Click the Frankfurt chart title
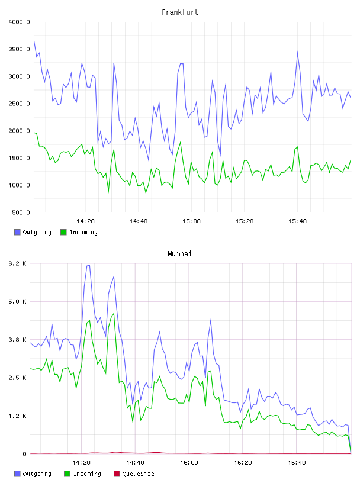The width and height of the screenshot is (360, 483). click(180, 12)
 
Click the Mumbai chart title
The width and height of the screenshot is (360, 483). click(179, 254)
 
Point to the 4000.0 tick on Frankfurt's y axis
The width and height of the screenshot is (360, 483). click(19, 22)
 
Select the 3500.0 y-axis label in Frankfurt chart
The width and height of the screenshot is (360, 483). click(19, 49)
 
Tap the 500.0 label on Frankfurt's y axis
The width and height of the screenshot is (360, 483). click(21, 212)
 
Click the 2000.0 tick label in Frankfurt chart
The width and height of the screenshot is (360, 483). click(19, 131)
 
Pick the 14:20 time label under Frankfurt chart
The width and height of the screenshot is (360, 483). click(85, 221)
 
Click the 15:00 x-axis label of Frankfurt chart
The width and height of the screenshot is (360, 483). click(191, 221)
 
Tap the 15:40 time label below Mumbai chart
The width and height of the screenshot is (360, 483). click(297, 463)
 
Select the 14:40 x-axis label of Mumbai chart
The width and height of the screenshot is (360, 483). click(135, 463)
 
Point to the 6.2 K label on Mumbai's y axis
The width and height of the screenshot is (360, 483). click(18, 263)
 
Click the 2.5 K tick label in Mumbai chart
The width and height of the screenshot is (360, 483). click(18, 378)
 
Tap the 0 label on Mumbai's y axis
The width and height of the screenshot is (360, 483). click(24, 454)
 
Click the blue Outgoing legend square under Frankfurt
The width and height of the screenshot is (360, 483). click(17, 232)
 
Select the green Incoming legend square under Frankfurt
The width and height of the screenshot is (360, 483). click(63, 232)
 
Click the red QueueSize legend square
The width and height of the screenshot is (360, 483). click(117, 474)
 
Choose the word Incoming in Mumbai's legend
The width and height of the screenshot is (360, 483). click(87, 474)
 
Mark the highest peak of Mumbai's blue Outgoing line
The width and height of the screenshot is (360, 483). click(89, 265)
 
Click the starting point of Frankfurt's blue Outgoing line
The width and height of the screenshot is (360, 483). click(34, 41)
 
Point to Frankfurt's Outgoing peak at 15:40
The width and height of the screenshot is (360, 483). click(297, 52)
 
